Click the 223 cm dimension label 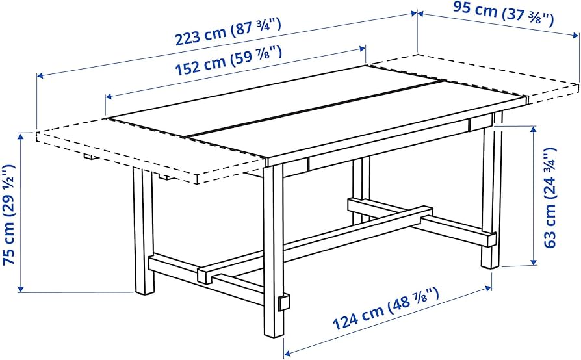coord(227,32)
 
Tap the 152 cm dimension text coord(227,60)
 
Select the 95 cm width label coord(503,14)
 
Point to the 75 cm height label coord(9,215)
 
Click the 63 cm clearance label coord(550,198)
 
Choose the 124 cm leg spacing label coord(385,308)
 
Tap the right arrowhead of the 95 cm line coord(575,36)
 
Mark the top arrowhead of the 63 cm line coord(534,129)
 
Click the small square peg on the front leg coord(284,303)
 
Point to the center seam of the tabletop coord(315,110)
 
